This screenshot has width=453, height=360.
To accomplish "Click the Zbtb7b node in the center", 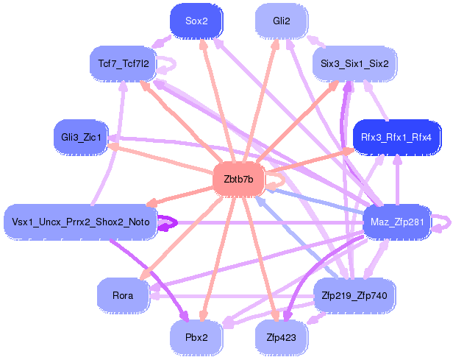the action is [238, 180].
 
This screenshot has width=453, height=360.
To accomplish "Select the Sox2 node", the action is [196, 21].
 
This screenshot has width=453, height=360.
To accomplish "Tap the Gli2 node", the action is [282, 21].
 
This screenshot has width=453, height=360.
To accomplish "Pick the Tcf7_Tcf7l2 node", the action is [124, 63].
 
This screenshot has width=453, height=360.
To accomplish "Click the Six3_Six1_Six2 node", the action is [354, 63].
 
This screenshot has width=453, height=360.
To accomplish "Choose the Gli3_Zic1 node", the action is [81, 137].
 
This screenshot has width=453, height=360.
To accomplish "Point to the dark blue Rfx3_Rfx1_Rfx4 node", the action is [396, 137].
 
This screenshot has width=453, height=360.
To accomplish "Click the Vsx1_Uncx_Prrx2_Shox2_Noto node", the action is [81, 222].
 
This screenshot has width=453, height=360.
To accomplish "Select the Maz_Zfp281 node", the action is [397, 222].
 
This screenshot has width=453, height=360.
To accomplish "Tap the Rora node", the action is [123, 295].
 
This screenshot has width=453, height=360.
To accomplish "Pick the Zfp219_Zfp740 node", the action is [354, 295].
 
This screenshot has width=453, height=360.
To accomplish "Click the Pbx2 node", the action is [196, 337].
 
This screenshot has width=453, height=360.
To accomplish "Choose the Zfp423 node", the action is [282, 337].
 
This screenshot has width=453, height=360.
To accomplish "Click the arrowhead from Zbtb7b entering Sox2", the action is [204, 43].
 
